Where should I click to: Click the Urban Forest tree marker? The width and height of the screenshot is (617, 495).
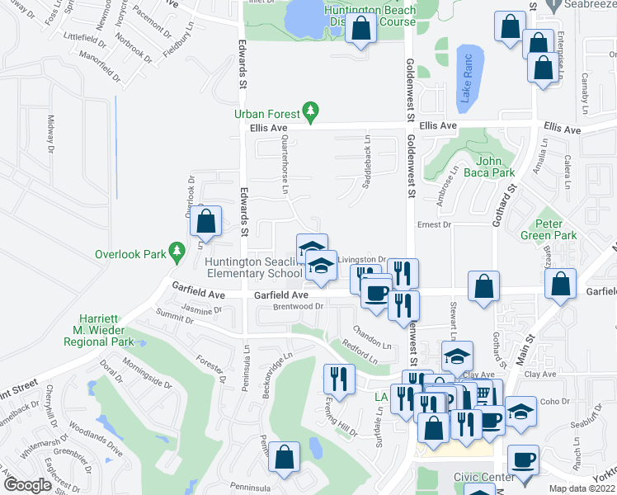point(310,111)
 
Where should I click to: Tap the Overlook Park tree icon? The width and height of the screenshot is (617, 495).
point(175,251)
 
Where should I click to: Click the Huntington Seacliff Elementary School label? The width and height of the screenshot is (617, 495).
point(254,267)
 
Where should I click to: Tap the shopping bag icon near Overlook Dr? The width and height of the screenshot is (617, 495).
point(205,220)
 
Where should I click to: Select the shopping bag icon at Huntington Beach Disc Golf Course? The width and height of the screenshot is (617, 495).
point(361,29)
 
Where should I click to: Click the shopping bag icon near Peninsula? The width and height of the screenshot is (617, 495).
point(285,457)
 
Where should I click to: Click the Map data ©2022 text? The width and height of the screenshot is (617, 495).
point(577,488)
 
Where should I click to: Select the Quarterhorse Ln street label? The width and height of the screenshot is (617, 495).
point(285,165)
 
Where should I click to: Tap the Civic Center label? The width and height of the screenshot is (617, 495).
point(483,478)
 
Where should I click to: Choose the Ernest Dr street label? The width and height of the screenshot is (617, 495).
point(435,224)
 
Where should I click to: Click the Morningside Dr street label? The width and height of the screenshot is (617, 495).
point(147,375)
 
